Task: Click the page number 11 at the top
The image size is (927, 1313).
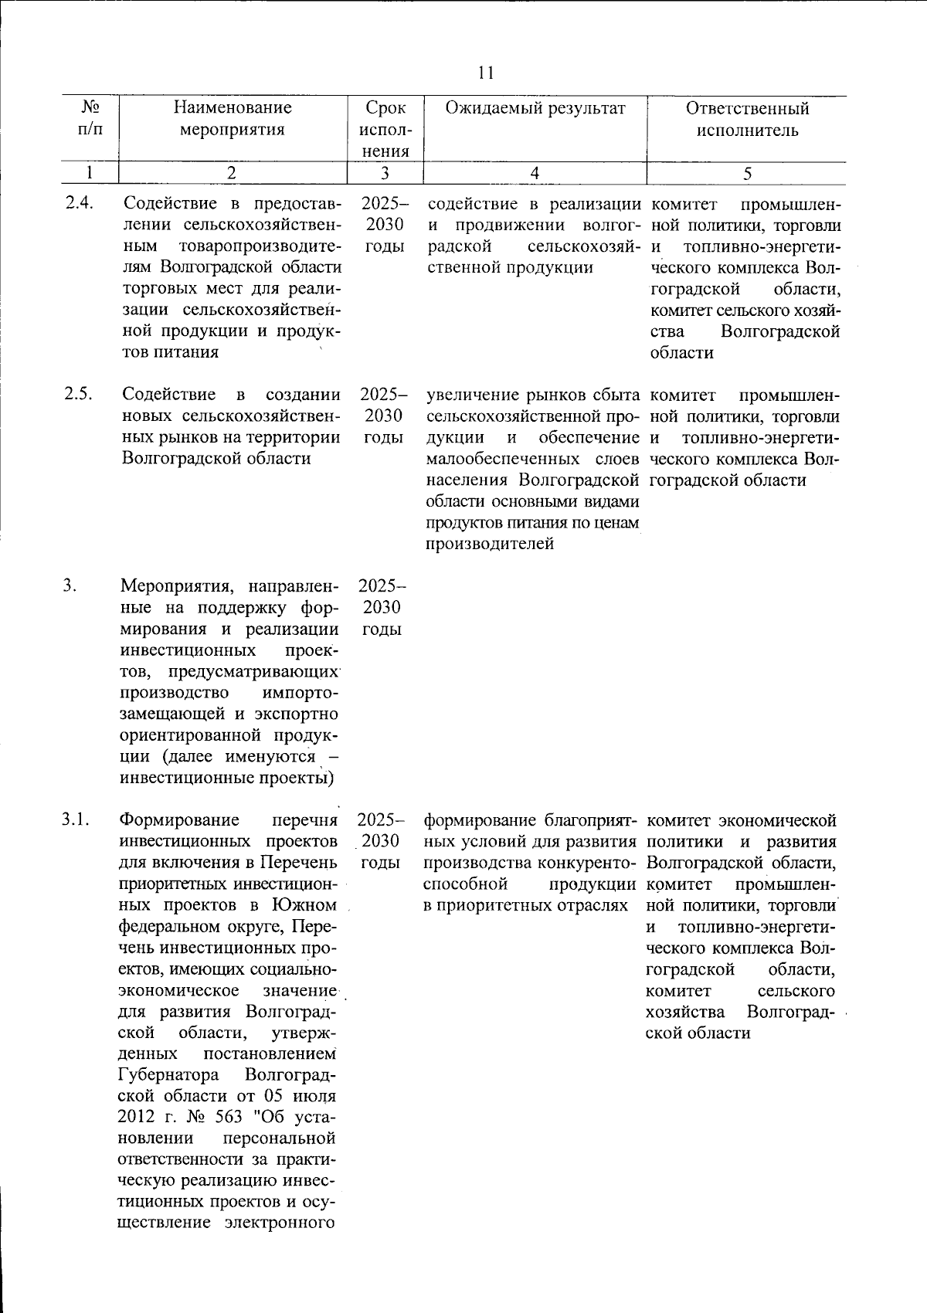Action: coord(486,73)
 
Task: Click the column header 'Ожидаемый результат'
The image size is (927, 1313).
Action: coord(535,108)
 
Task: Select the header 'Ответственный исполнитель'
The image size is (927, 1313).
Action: coord(747,119)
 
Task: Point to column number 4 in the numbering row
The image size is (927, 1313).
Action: coord(535,174)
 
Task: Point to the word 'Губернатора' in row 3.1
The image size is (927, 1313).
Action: coord(169,1075)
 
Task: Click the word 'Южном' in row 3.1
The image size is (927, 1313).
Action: coord(304,904)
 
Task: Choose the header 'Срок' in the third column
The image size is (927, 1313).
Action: coord(385,108)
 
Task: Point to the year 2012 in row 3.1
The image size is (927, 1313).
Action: coord(138,1118)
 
